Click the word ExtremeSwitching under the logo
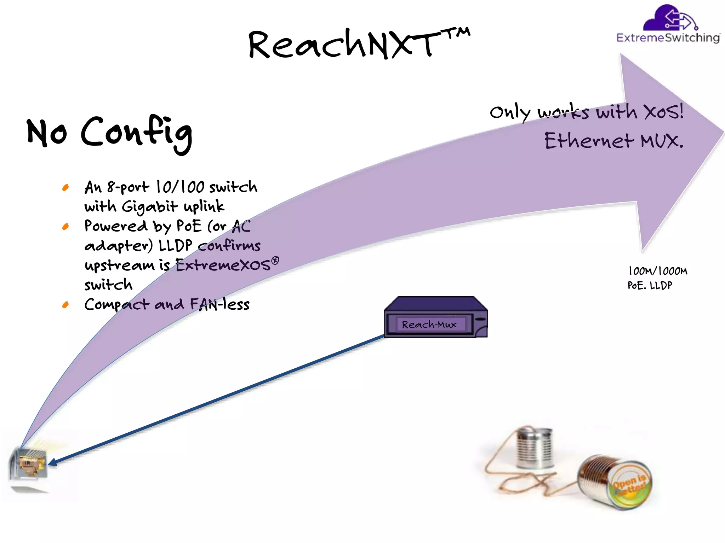[668, 37]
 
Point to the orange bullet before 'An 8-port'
[65, 187]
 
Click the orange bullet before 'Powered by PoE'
[65, 226]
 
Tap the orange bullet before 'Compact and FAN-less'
[65, 305]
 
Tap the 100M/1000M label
[658, 271]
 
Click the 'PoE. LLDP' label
[650, 285]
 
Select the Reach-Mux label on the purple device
[429, 324]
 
